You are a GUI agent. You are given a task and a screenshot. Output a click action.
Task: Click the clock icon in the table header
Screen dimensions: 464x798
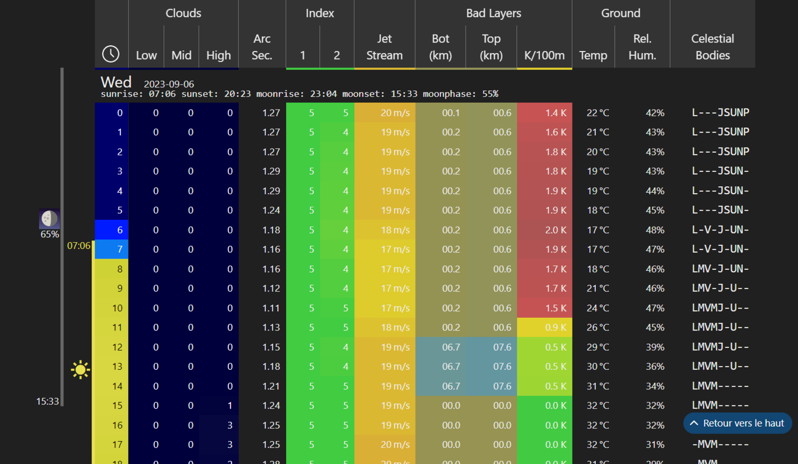point(111,54)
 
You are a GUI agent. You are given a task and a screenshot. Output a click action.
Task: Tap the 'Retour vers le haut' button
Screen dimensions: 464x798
point(737,423)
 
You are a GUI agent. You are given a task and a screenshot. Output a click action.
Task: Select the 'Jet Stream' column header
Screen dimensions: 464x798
point(384,47)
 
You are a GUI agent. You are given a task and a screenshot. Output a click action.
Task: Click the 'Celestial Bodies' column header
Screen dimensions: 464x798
point(712,47)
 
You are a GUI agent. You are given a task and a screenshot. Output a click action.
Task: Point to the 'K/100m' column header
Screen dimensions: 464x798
point(544,55)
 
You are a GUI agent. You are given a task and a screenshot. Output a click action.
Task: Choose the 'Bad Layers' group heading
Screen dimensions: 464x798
point(493,13)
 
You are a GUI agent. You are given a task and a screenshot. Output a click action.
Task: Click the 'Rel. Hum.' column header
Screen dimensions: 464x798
point(642,47)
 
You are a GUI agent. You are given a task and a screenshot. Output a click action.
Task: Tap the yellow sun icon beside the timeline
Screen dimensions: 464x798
point(80,369)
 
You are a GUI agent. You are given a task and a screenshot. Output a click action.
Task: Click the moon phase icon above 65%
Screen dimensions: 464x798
point(49,218)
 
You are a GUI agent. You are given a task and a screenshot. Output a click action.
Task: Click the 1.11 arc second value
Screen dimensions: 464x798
point(271,308)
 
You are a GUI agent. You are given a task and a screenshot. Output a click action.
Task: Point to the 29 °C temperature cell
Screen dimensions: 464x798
point(597,347)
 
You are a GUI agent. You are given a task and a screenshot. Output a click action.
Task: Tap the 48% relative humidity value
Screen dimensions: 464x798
point(654,230)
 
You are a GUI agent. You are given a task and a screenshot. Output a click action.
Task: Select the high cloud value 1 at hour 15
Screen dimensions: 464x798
point(230,405)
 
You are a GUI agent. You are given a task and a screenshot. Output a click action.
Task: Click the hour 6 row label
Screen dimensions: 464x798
point(119,230)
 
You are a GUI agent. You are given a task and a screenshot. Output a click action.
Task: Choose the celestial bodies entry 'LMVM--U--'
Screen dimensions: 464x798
point(720,367)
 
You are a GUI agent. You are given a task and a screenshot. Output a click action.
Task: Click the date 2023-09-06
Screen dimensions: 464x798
point(169,84)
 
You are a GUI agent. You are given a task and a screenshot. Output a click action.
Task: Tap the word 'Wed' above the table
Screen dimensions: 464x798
point(116,82)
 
